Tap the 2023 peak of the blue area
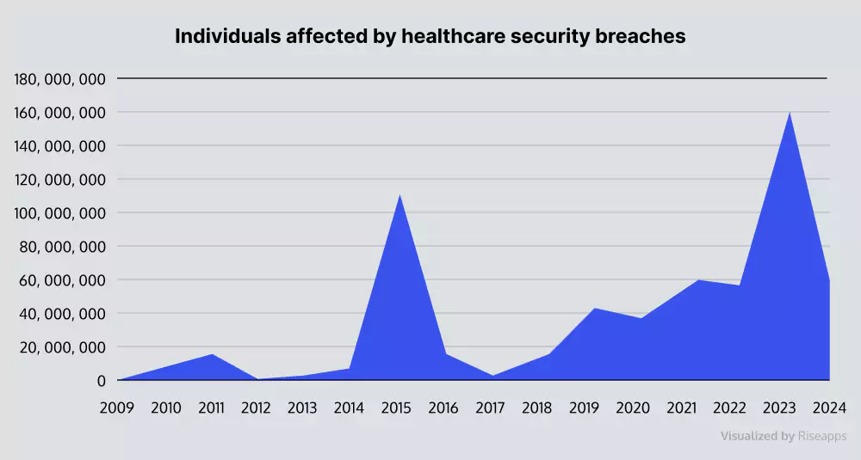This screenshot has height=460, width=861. [790, 113]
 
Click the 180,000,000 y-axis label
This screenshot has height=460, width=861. [60, 79]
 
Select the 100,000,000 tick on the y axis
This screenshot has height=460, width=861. [60, 213]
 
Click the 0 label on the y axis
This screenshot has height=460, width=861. [102, 380]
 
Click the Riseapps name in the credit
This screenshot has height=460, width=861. [822, 436]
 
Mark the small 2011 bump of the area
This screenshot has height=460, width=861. [212, 355]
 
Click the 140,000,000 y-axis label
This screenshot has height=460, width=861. [60, 146]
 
